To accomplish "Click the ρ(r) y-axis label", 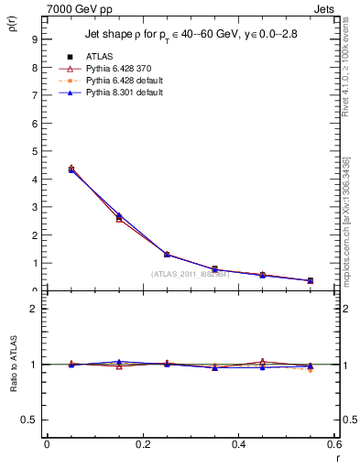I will (13, 25).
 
